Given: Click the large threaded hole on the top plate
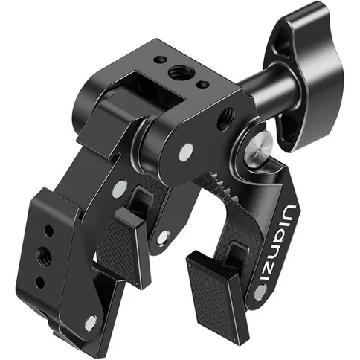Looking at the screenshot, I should [x=178, y=72].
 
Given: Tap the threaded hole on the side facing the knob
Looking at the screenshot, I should [x=225, y=118].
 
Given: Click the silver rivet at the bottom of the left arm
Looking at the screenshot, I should [x=90, y=321].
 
